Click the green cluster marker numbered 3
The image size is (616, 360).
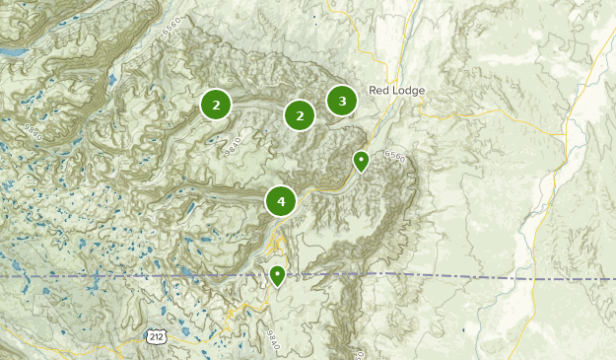tap(342, 101)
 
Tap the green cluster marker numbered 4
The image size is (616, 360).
tap(281, 201)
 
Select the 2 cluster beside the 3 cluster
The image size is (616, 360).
tap(299, 115)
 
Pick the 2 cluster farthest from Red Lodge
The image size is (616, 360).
tap(216, 104)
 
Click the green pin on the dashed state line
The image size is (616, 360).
tap(278, 275)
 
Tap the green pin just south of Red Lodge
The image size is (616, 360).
tap(362, 160)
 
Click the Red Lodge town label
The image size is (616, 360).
tap(396, 91)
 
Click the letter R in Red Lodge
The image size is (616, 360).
tap(373, 91)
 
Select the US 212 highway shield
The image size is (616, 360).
tap(156, 336)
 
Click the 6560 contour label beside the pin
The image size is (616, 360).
tap(394, 157)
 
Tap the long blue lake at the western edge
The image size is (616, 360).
tap(12, 48)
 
